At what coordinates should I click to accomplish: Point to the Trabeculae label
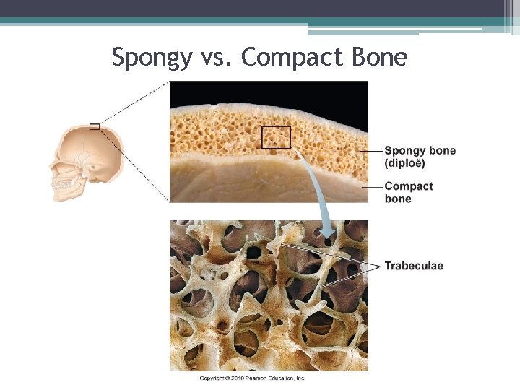(413, 266)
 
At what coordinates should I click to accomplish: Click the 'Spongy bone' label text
(420, 151)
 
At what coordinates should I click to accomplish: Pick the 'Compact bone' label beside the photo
(408, 192)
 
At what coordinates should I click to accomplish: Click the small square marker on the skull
(95, 127)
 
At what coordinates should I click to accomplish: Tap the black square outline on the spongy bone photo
(276, 137)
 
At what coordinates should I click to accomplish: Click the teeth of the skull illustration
(62, 185)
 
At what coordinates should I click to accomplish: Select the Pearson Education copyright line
(252, 378)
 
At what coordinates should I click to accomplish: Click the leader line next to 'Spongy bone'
(371, 151)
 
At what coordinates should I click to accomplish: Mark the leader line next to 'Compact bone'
(371, 186)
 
